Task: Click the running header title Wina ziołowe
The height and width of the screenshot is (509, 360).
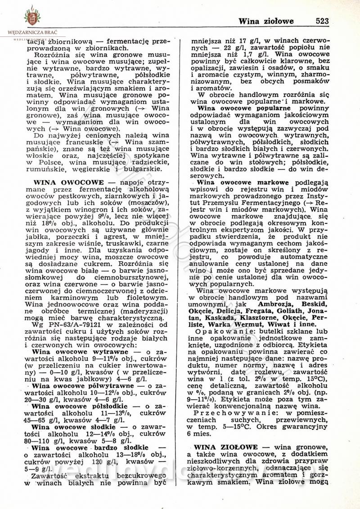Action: (266, 21)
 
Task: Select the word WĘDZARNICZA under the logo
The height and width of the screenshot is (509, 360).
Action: (26, 32)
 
